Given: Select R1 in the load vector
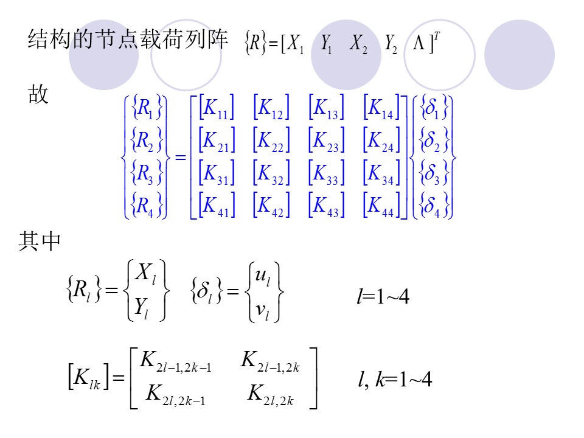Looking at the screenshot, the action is (144, 108).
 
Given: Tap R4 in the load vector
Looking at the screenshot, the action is (144, 205).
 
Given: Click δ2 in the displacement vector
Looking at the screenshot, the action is (433, 141).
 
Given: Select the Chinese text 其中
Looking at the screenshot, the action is (40, 242).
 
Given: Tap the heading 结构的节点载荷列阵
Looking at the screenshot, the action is (128, 41).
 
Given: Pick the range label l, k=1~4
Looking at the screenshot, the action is (395, 381).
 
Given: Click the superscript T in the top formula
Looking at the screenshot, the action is (437, 38).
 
